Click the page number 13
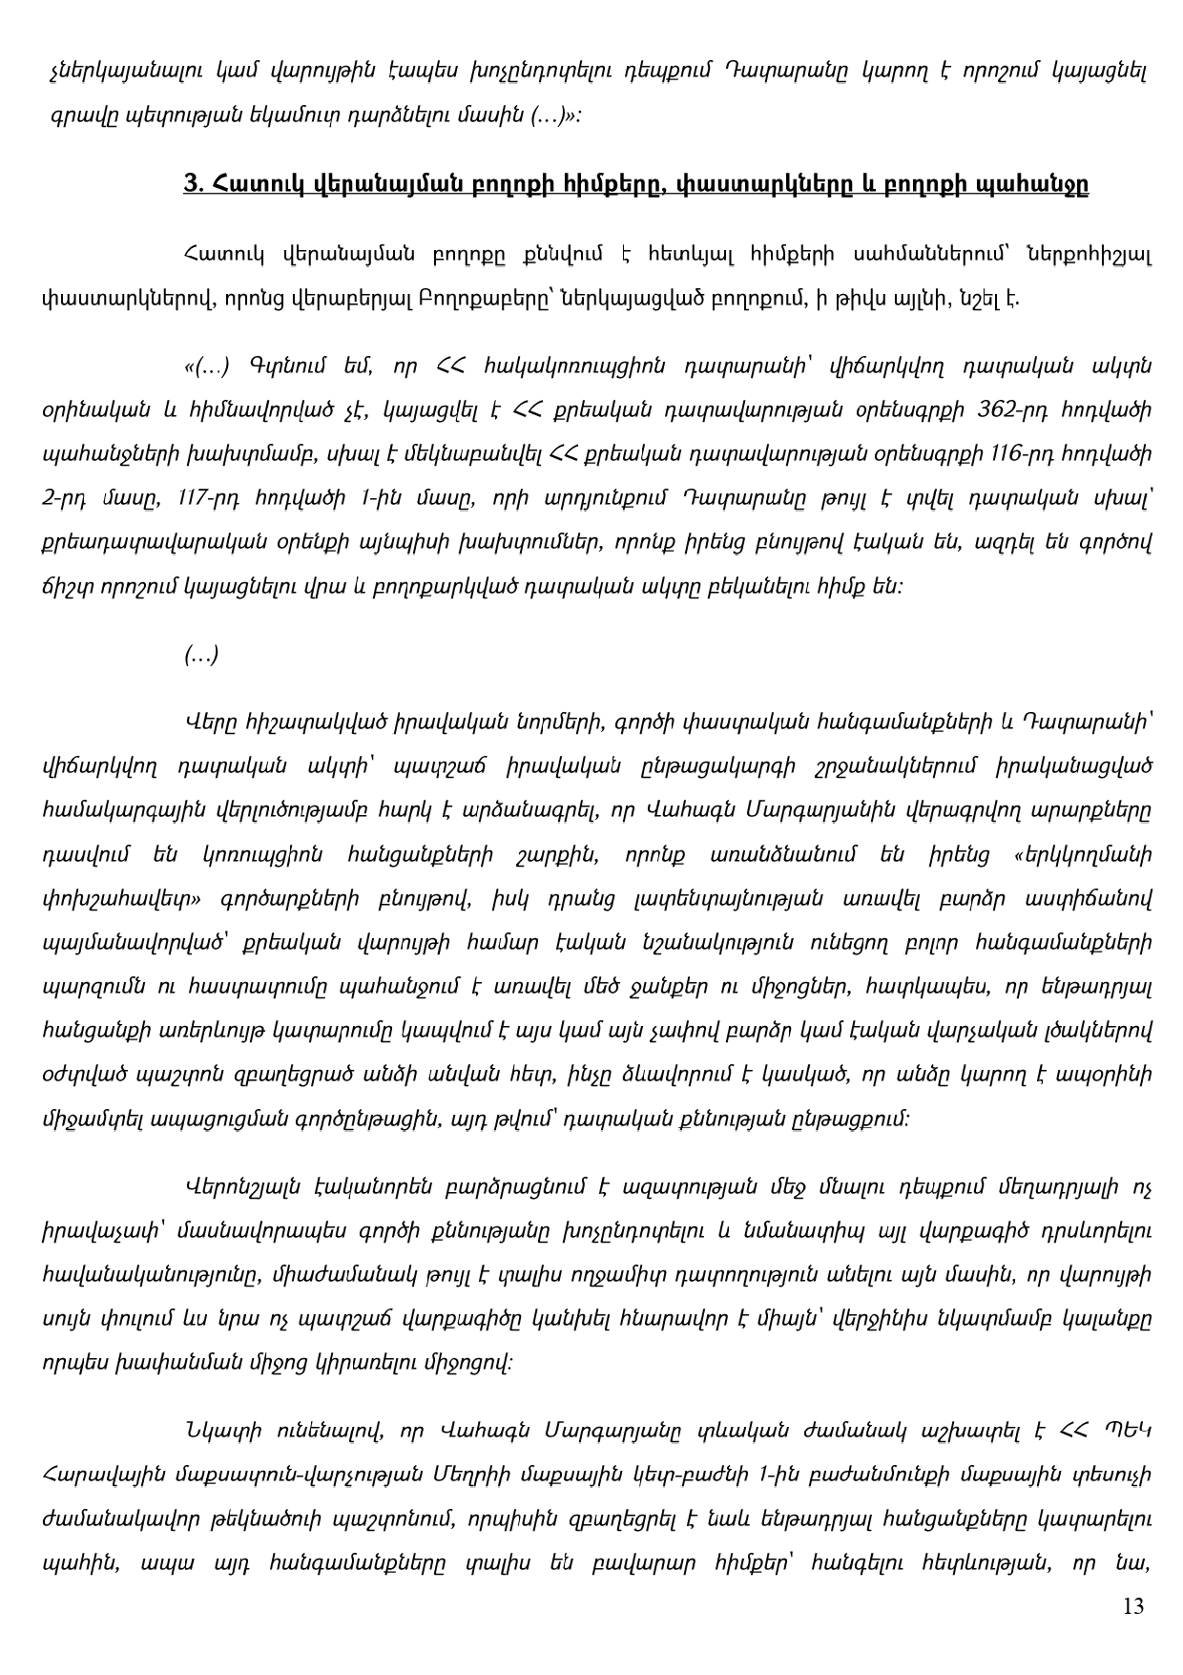click(1133, 1605)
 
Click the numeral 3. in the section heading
click(191, 182)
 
